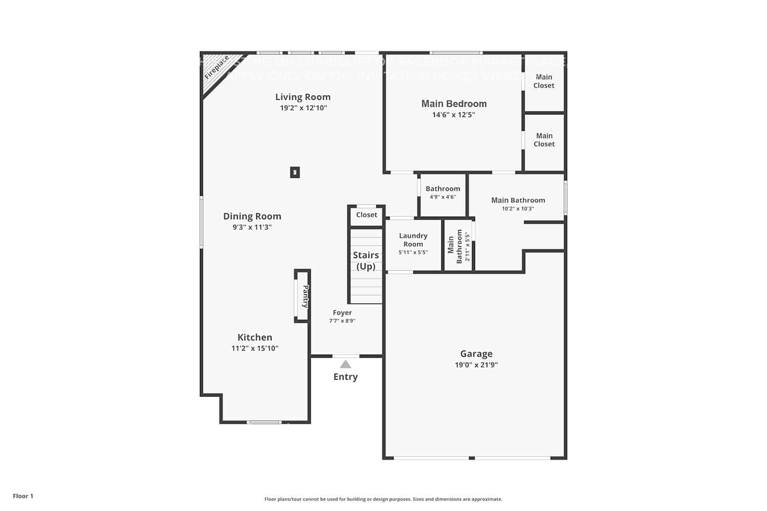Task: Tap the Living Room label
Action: coord(303,97)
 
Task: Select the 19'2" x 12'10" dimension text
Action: coord(303,108)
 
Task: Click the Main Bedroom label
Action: coord(454,104)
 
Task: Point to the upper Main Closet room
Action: coord(544,82)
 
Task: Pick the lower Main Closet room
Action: coord(544,140)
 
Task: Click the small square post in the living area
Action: coord(295,172)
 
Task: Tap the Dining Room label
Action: coord(252,216)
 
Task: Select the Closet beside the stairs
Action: coord(367,215)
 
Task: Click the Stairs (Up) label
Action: coord(366,261)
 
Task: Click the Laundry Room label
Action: coord(413,240)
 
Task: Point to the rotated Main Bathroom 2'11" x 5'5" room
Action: coord(458,246)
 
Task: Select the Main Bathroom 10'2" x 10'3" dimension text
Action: coord(518,208)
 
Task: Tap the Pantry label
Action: coord(305,296)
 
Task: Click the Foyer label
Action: coord(342,313)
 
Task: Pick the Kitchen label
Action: coord(255,337)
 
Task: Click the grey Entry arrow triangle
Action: coord(346,364)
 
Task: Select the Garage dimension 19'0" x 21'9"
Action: coord(476,365)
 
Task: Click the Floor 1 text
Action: coord(23,496)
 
